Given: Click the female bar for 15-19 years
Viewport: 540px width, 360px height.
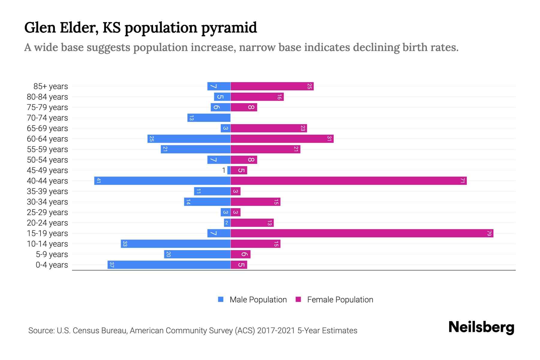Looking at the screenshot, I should click(362, 233).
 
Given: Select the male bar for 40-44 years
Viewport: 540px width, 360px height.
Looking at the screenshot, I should click(162, 181).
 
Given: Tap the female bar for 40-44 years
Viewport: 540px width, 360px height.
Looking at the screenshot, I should click(349, 181).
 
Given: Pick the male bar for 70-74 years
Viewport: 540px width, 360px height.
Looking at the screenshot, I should click(209, 118).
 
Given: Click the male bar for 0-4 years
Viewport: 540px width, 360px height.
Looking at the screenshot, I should click(169, 265).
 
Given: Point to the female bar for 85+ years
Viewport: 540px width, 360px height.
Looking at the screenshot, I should click(272, 86).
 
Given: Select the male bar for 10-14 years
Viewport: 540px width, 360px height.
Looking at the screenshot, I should click(175, 244).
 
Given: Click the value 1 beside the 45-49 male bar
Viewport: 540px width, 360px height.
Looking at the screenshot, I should click(223, 170).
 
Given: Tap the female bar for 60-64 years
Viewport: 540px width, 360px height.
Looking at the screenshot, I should click(282, 139).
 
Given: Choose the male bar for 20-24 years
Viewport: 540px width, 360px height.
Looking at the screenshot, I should click(227, 223).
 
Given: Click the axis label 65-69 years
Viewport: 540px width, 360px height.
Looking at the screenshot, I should click(47, 128).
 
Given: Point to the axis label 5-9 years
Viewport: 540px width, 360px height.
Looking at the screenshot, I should click(52, 254).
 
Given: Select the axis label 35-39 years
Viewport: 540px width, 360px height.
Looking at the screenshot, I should click(47, 191).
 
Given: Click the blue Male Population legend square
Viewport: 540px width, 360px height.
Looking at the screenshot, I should click(221, 299).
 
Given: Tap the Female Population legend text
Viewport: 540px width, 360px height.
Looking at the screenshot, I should click(340, 300).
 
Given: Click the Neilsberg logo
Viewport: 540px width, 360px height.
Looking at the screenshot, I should click(481, 327).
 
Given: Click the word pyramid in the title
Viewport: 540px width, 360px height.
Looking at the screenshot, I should click(229, 28).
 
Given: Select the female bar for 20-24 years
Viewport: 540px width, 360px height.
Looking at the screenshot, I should click(252, 223).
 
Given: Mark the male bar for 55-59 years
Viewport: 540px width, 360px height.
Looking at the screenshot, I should click(196, 149).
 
